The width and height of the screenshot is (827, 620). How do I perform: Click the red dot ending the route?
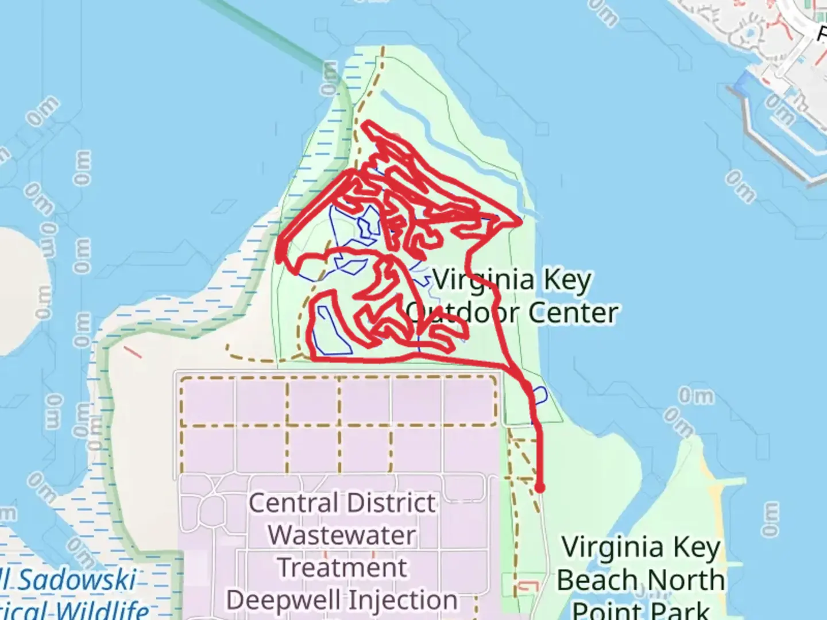(x=539, y=488)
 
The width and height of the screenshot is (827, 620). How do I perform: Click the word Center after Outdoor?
(x=573, y=313)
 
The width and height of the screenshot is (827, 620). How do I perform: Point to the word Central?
(x=293, y=503)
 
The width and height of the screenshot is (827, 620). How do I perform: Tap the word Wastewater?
(x=342, y=536)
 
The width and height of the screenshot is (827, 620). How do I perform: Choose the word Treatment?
(x=342, y=568)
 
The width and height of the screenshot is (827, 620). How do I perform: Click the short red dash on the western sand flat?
(x=133, y=351)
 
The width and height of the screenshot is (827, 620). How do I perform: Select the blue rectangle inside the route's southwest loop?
(x=334, y=331)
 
